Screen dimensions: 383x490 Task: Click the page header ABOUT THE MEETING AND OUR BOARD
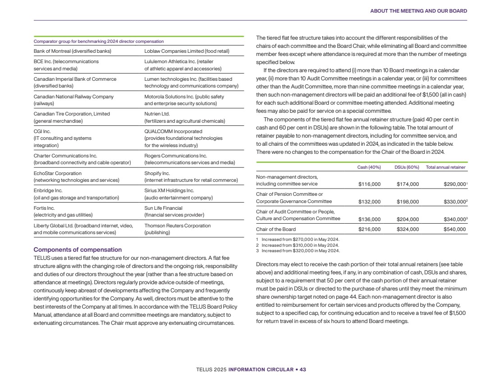coord(418,11)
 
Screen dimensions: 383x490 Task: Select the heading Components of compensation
coord(78,249)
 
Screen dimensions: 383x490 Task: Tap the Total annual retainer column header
coord(445,167)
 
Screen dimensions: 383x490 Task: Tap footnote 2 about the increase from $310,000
coord(298,245)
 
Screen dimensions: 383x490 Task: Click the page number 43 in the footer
coord(303,369)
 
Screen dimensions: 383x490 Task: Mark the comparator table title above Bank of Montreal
coord(99,42)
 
